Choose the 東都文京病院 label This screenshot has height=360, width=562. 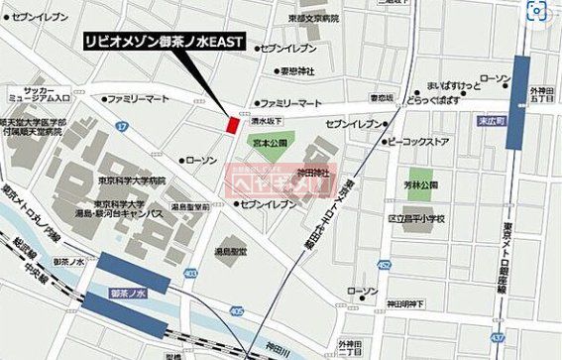tap(316, 17)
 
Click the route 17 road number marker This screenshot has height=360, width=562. tap(121, 126)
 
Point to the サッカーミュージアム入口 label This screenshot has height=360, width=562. tap(35, 92)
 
